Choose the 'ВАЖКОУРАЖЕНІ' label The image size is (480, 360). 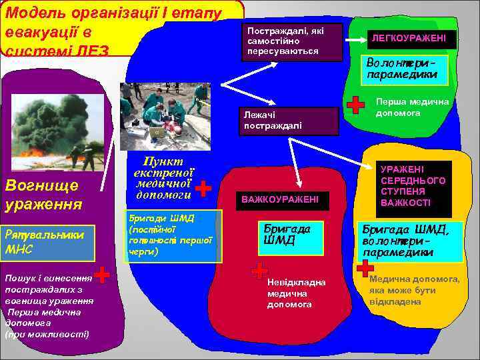click(x=280, y=199)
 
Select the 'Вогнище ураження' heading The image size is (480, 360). click(x=41, y=195)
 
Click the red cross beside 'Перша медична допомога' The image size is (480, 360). click(x=357, y=104)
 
